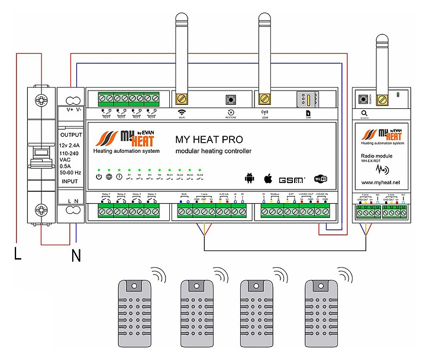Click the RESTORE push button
point(230,100)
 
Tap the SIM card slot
point(307,98)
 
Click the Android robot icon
point(249,178)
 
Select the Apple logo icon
point(267,178)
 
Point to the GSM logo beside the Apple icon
point(292,179)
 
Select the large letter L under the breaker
point(18,256)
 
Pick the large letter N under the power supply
point(76,257)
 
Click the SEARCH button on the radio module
point(363,98)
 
